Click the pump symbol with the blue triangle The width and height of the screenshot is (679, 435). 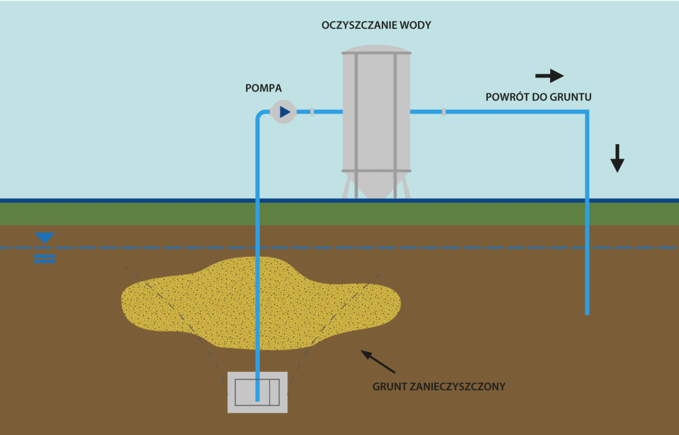[x=283, y=112]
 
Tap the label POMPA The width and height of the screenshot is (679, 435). [x=263, y=88]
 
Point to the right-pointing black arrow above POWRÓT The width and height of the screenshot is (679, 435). [x=549, y=75]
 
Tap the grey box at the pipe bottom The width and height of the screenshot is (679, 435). [x=257, y=392]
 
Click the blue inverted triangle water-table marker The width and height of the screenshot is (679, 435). [x=45, y=238]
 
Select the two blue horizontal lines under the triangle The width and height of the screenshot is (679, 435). [x=45, y=259]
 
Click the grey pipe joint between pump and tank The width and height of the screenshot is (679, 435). [x=312, y=111]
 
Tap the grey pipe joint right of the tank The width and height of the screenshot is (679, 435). [x=444, y=111]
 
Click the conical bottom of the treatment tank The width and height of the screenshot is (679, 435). [x=376, y=184]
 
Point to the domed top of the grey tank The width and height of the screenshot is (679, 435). [x=376, y=49]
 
